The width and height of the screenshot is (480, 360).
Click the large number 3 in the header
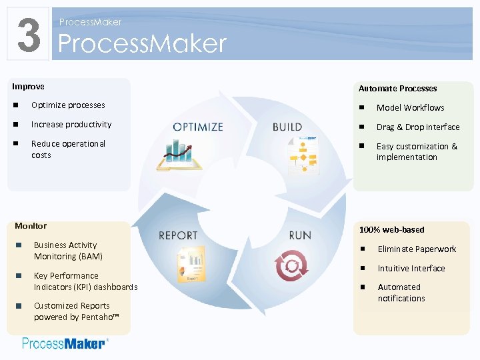28,35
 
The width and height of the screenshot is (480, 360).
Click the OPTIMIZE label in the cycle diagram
198,127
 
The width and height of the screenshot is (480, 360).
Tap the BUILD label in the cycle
287,127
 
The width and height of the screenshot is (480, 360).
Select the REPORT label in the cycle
178,235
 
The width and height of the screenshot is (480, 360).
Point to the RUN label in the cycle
300,235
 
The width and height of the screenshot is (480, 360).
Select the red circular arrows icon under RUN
292,265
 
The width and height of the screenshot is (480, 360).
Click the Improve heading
29,87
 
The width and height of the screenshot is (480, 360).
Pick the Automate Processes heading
397,88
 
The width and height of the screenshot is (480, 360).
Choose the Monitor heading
31,225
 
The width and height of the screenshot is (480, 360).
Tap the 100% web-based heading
391,229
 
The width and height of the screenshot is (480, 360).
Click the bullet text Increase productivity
71,125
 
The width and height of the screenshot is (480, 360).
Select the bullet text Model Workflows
410,107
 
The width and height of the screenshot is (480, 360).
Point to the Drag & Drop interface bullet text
418,127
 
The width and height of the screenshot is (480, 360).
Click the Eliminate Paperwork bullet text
417,249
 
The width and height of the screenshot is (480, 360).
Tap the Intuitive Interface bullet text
411,268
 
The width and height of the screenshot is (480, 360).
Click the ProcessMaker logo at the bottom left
64,343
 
